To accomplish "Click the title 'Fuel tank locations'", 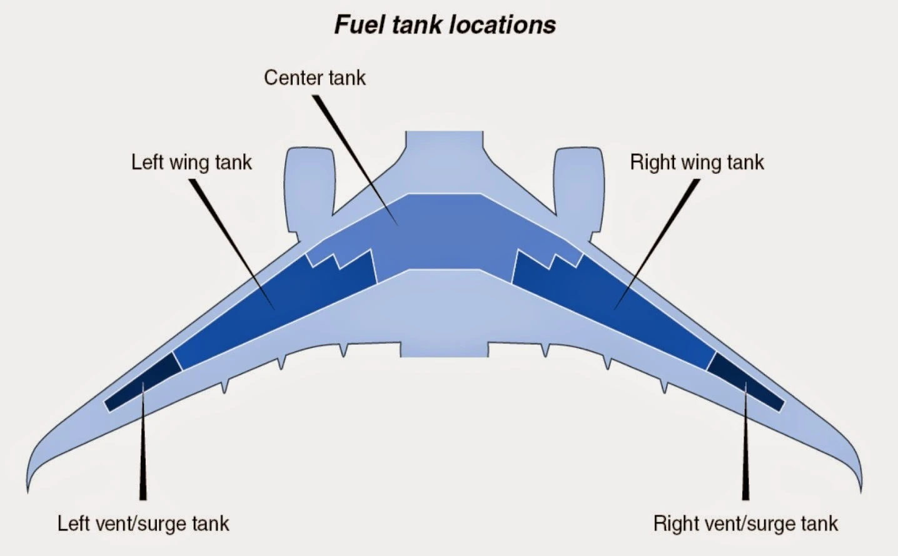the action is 445,25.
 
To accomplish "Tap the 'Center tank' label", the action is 315,78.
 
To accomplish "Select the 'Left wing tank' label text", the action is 191,163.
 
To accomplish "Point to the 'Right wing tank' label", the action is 697,163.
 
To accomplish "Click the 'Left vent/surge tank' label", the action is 143,523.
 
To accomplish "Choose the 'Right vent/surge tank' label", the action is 745,523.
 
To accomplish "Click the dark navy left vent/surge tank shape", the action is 143,382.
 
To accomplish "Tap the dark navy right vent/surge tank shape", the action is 745,382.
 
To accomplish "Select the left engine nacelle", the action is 309,188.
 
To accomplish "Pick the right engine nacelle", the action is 579,188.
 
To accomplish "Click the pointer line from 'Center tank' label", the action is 356,160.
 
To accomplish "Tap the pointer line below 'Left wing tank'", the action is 232,244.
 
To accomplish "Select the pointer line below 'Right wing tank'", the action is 657,244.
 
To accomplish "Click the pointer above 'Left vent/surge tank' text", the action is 143,441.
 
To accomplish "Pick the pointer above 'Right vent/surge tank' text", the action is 745,441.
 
